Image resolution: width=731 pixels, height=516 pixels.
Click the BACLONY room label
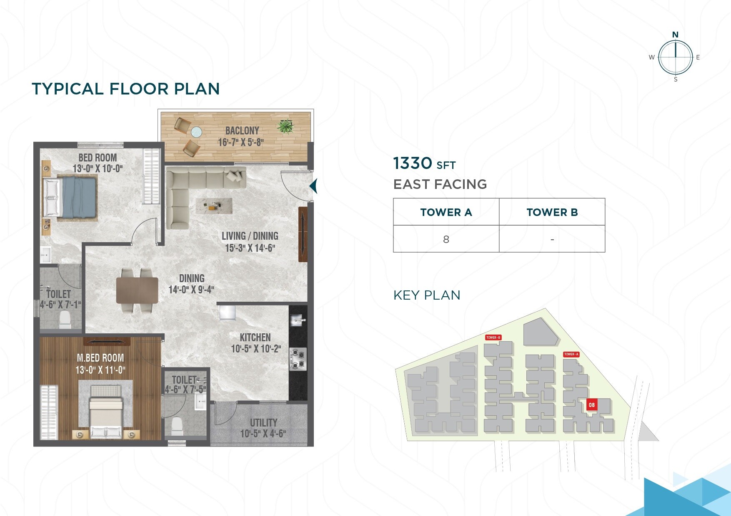click(x=242, y=130)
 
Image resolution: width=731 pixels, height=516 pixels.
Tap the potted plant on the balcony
click(x=286, y=126)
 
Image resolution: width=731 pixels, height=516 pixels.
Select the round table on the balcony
click(x=196, y=132)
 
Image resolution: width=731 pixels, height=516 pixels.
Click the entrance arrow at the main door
click(x=313, y=186)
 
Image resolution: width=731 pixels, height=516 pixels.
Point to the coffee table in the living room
click(x=214, y=205)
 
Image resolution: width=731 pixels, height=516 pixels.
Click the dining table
click(x=137, y=290)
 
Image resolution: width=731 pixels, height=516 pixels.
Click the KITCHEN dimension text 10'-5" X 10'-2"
click(x=256, y=349)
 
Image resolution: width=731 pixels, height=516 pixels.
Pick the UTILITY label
click(x=263, y=422)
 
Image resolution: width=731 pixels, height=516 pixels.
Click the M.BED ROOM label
click(x=100, y=358)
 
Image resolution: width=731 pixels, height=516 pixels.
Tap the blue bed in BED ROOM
click(x=75, y=197)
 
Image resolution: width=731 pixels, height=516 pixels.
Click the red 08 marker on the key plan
click(x=591, y=404)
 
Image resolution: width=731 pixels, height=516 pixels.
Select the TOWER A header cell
click(x=446, y=212)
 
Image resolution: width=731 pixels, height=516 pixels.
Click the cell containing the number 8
click(x=446, y=239)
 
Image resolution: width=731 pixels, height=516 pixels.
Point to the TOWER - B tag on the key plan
click(x=493, y=337)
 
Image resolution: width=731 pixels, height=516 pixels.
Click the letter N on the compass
click(x=675, y=35)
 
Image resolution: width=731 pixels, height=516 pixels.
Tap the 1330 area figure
click(x=413, y=163)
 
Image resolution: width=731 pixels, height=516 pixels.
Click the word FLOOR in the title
click(x=139, y=89)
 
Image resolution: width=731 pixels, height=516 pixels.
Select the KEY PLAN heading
click(x=427, y=295)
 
